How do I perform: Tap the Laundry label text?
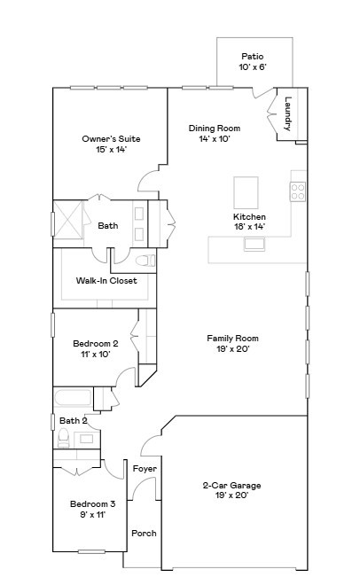tap(288, 114)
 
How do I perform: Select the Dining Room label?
tap(215, 128)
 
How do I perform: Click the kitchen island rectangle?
tap(247, 191)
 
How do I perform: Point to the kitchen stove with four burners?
tap(298, 190)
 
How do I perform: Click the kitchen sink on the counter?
tap(255, 245)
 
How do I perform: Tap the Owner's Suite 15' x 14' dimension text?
tap(111, 150)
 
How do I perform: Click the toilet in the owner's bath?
tap(145, 261)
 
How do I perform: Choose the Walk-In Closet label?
tap(106, 281)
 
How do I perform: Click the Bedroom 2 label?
tap(95, 343)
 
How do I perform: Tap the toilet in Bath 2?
tap(64, 438)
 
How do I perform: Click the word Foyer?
tap(145, 468)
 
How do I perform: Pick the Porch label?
tap(144, 533)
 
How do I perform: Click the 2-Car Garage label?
tap(231, 485)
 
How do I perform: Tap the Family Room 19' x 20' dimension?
tap(232, 349)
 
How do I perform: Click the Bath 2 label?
tap(73, 420)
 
